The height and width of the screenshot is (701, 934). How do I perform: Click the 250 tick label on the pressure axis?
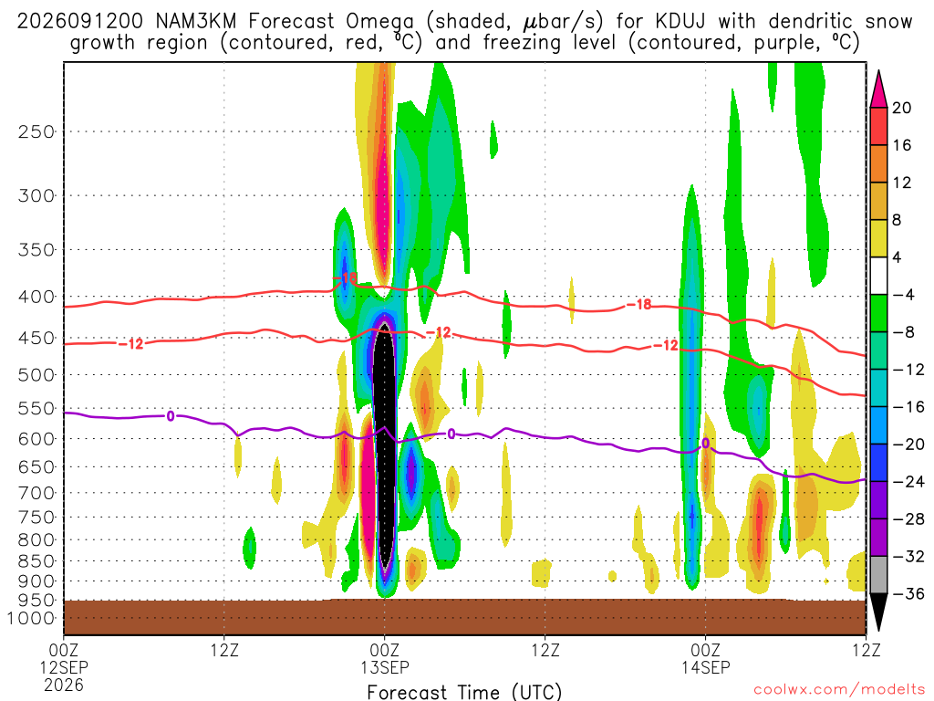[36, 131]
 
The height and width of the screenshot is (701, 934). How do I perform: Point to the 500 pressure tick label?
[36, 375]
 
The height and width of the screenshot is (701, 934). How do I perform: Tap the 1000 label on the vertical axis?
[31, 618]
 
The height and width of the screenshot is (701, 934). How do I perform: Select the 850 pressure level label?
[36, 561]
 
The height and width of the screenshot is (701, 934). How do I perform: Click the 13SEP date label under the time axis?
[384, 667]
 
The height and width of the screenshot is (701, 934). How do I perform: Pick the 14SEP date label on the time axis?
[706, 667]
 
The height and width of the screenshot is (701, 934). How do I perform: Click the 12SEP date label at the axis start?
[64, 667]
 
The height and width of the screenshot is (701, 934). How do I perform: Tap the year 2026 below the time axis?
[64, 685]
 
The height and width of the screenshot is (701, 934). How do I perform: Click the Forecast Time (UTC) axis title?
[464, 692]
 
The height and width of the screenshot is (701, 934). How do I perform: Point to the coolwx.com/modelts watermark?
[839, 690]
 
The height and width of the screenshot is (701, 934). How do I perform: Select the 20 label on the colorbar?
[901, 108]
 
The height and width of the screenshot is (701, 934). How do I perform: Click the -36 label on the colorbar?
[908, 593]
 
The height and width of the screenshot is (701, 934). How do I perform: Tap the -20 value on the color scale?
[908, 445]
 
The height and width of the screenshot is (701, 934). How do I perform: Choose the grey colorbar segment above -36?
[878, 575]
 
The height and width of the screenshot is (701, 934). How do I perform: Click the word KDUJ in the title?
[680, 22]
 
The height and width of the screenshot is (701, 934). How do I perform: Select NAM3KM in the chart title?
[195, 22]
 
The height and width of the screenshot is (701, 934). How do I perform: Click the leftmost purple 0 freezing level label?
[171, 416]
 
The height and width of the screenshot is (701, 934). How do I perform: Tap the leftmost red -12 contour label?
[131, 343]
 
